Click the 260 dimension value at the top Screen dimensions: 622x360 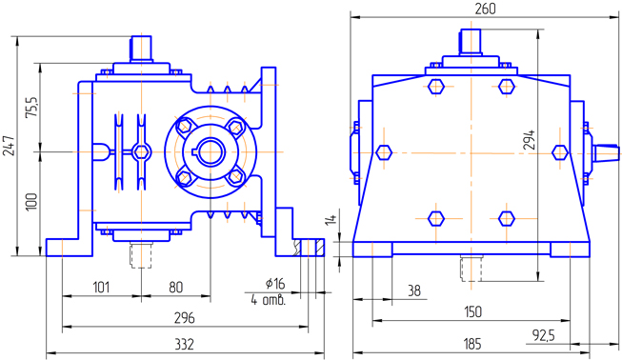pyautogui.click(x=485, y=9)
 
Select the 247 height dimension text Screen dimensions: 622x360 pyautogui.click(x=9, y=146)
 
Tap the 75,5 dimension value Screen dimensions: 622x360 pyautogui.click(x=31, y=107)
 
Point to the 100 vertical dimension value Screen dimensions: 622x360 pyautogui.click(x=30, y=202)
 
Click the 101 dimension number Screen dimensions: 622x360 pyautogui.click(x=101, y=287)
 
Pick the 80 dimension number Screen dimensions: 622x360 pyautogui.click(x=175, y=287)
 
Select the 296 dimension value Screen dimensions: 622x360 pyautogui.click(x=185, y=318)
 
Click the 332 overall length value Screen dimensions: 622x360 pyautogui.click(x=185, y=344)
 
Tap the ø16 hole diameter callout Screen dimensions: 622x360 pyautogui.click(x=275, y=283)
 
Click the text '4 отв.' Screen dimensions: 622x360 pyautogui.click(x=269, y=300)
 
